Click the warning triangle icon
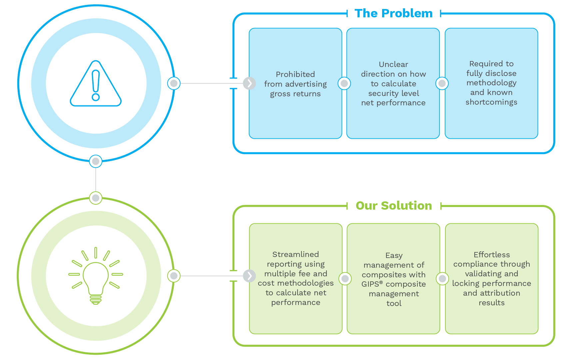96,84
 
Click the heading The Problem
393,13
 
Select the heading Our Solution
394,206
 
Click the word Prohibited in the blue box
295,74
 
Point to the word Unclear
393,64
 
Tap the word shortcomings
491,102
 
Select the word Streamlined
295,254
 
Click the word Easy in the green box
394,256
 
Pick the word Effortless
492,255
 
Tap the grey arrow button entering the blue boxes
249,83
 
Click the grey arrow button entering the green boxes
249,276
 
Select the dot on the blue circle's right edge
174,83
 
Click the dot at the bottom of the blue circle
96,162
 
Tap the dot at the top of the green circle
96,198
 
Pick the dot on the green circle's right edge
174,276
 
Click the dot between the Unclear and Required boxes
442,83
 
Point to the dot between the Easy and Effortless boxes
442,279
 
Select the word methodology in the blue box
491,83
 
